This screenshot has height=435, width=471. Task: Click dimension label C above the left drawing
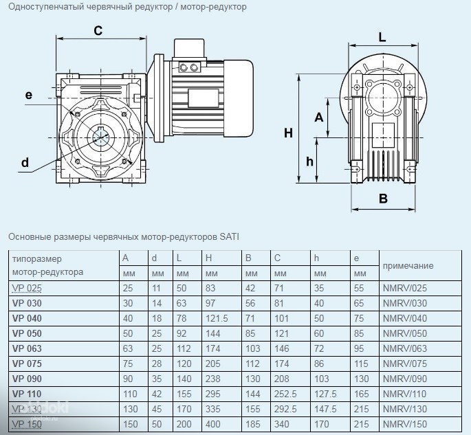[98, 30]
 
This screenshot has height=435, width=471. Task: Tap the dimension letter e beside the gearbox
[28, 95]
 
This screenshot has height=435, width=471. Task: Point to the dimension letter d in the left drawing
[25, 162]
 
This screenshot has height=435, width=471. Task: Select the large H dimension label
[288, 133]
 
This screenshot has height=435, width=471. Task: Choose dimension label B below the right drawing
[384, 199]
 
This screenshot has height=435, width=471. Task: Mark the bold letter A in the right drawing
[318, 117]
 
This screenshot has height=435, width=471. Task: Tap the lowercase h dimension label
[310, 161]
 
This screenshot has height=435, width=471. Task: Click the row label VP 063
[28, 348]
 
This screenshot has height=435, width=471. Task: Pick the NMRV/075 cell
[405, 364]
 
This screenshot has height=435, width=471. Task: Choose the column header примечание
[408, 265]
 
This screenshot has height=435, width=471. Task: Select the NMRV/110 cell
[405, 394]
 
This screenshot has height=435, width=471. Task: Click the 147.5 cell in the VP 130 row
[325, 409]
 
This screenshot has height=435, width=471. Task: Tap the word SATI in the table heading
[229, 237]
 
